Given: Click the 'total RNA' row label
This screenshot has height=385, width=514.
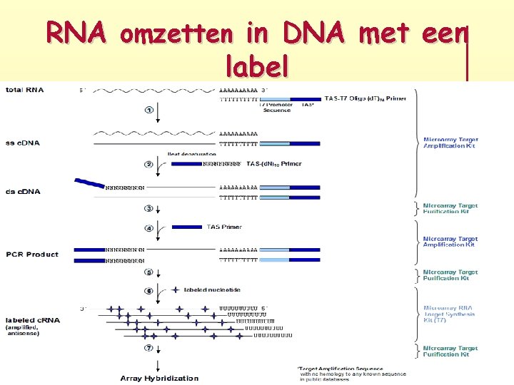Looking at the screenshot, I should [x=24, y=89].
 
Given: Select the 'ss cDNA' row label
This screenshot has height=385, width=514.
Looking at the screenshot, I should [x=23, y=143].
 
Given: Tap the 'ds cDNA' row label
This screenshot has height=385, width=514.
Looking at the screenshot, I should [x=23, y=191].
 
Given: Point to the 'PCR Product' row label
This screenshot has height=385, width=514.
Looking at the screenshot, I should [x=32, y=254].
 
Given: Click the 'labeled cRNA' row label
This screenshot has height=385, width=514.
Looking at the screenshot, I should [x=33, y=320].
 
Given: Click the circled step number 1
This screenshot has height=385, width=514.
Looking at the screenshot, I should [x=149, y=110].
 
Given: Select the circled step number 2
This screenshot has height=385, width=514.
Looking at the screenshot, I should [x=149, y=164].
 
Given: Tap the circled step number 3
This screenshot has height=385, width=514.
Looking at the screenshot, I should [x=149, y=209].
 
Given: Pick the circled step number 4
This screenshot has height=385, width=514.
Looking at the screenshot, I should [x=149, y=229].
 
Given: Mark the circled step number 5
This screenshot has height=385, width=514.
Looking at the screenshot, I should [x=149, y=272].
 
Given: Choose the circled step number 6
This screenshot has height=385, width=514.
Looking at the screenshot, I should [x=149, y=290].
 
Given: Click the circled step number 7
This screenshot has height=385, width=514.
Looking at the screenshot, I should [x=149, y=348].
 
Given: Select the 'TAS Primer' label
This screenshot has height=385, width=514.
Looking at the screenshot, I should [x=224, y=227].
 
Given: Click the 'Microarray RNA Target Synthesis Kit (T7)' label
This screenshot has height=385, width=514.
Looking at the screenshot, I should [x=448, y=314].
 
